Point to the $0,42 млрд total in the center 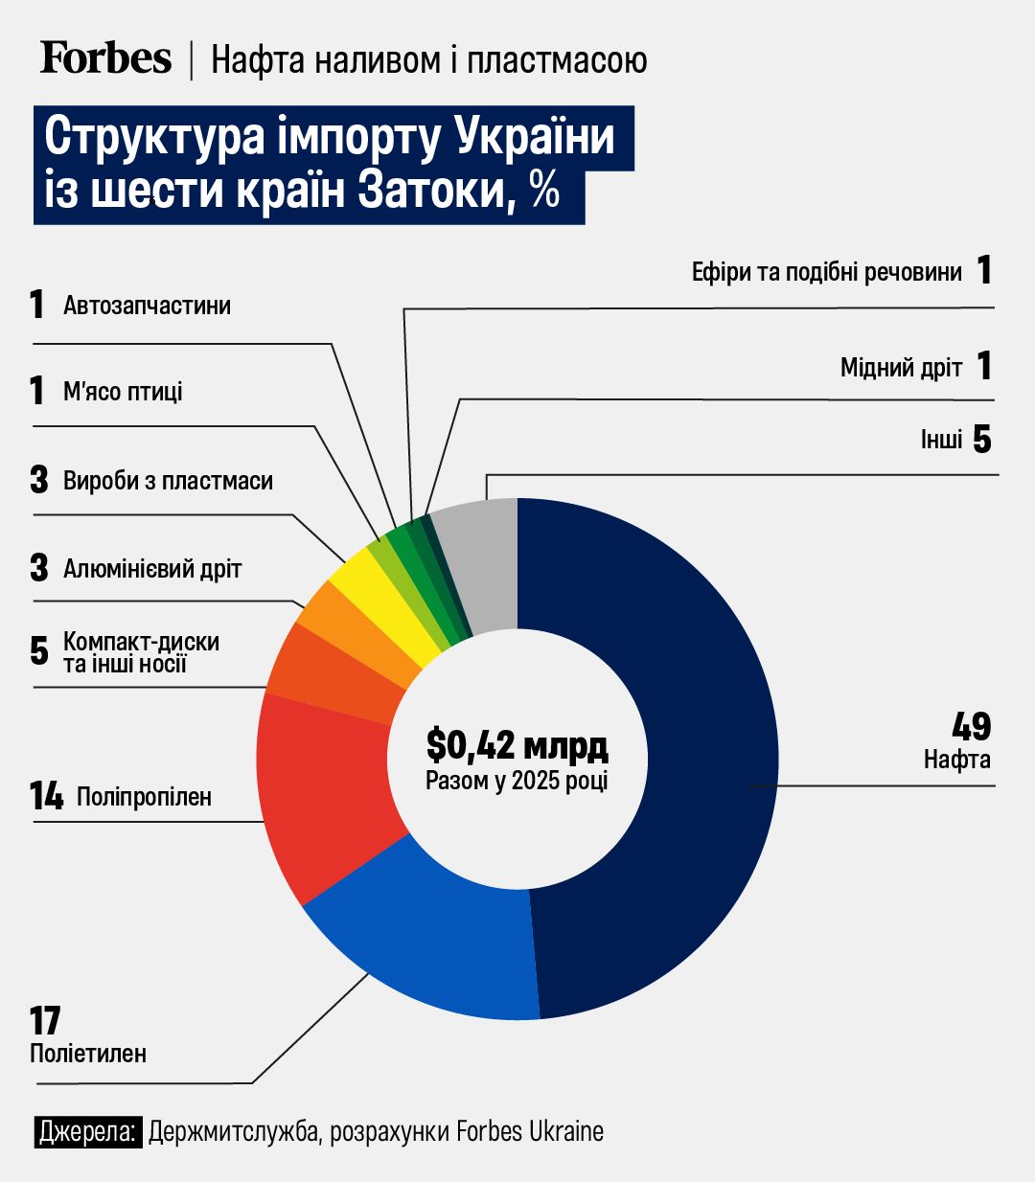(517, 745)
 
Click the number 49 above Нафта (971, 727)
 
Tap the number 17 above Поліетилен (45, 1021)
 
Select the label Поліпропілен (144, 797)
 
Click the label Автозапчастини (147, 306)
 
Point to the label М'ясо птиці (123, 392)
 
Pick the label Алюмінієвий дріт (152, 569)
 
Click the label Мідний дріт (901, 368)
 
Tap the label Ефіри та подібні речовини (826, 273)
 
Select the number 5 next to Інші (981, 440)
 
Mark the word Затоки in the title (431, 190)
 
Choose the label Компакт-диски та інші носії (141, 652)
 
